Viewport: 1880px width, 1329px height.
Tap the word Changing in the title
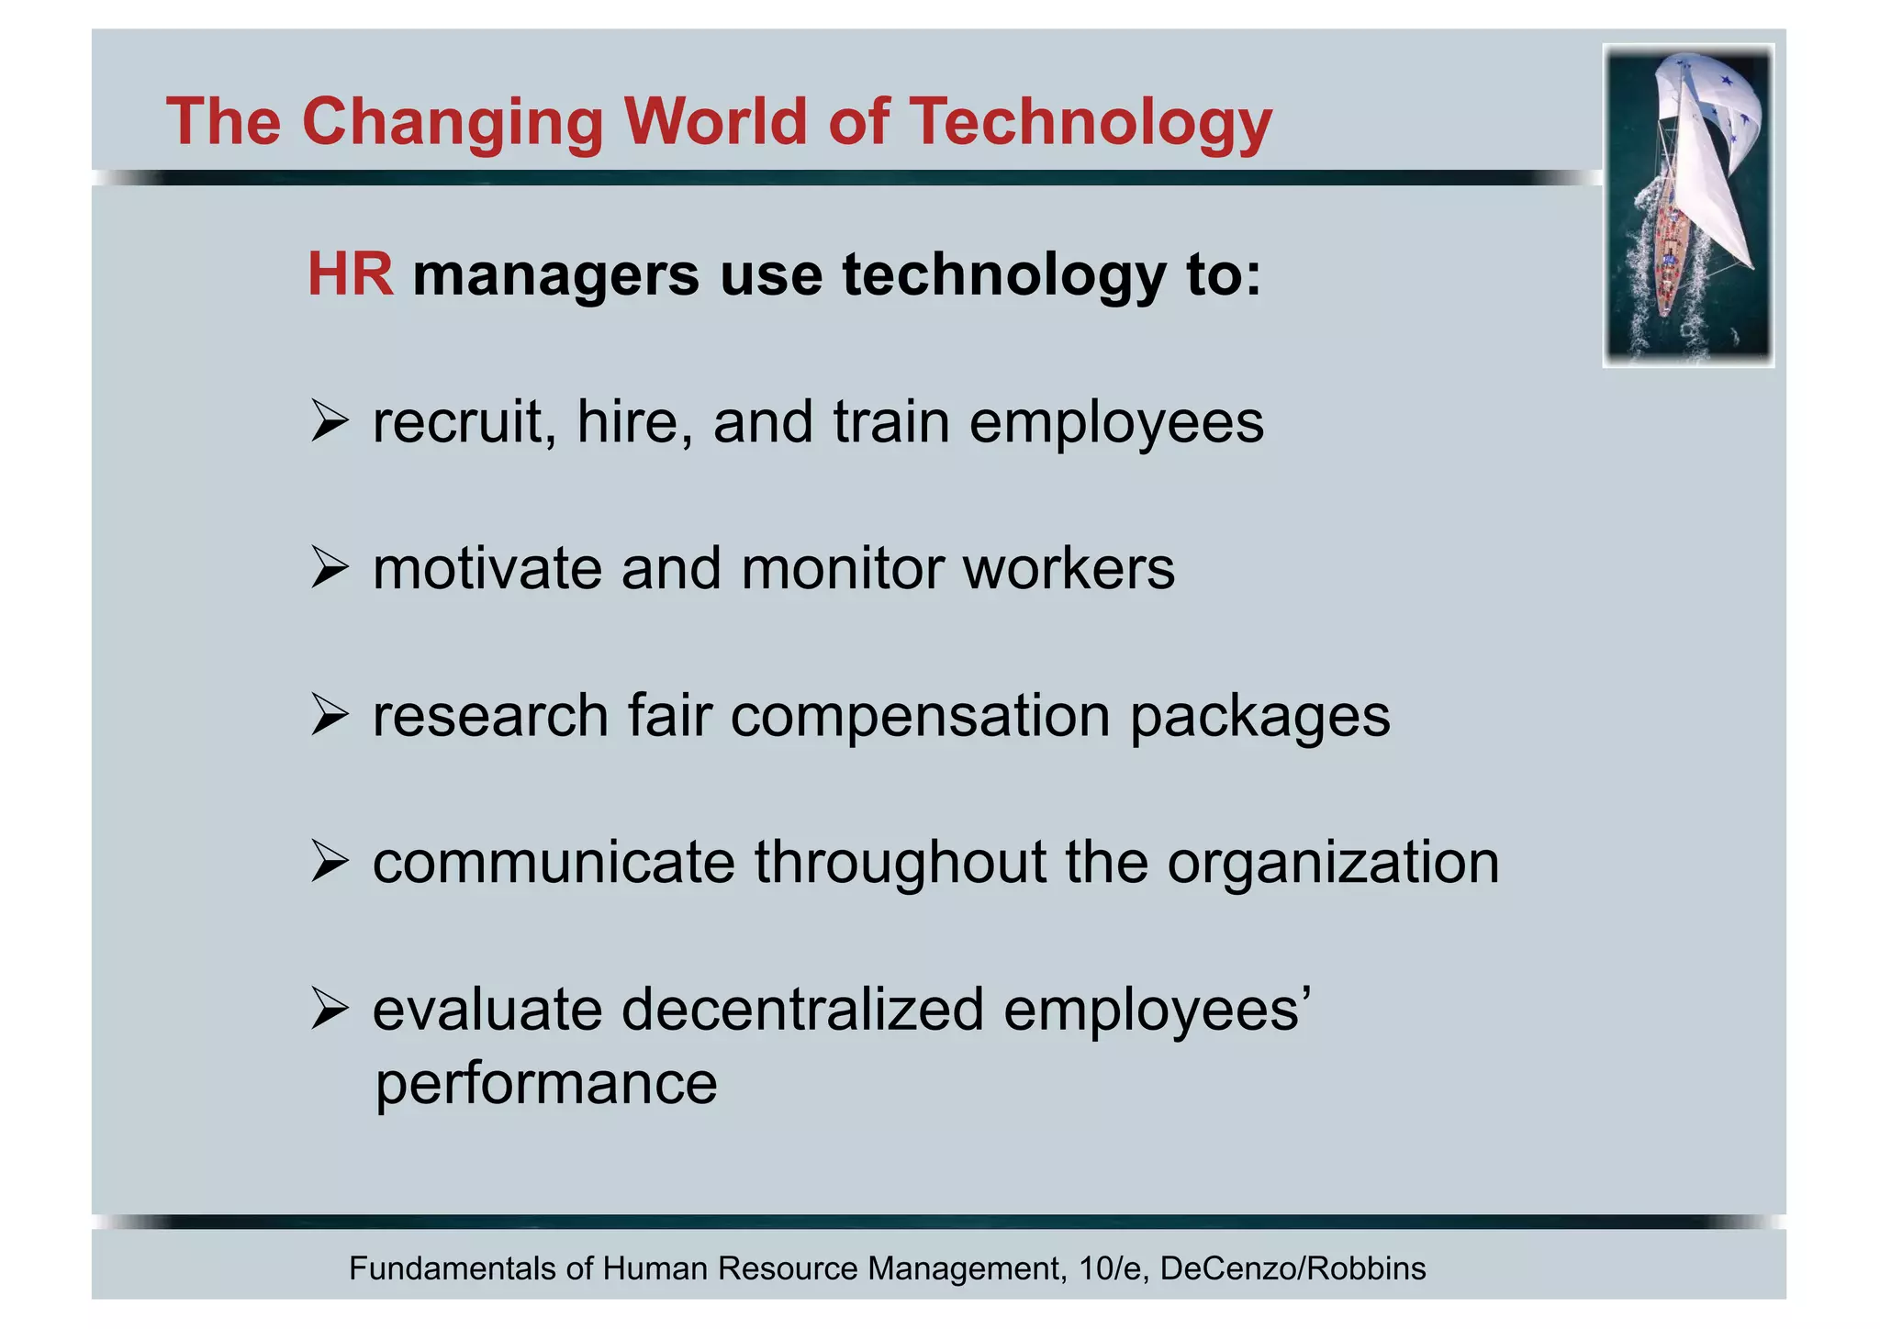click(x=452, y=124)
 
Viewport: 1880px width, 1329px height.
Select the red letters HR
click(x=350, y=274)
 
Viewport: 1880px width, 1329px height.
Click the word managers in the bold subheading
click(x=555, y=274)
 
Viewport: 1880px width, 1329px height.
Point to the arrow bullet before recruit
click(x=329, y=421)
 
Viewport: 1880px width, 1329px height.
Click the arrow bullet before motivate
click(x=329, y=568)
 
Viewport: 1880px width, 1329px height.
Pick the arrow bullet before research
click(x=329, y=715)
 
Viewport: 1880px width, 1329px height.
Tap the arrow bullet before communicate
click(x=329, y=862)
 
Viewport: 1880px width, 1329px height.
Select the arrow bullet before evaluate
click(x=329, y=1009)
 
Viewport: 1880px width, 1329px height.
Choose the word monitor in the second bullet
click(x=842, y=569)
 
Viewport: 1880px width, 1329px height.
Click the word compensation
click(x=920, y=717)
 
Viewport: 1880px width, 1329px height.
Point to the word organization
click(x=1333, y=864)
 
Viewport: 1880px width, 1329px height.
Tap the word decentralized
click(x=802, y=1010)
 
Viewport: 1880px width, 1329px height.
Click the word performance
click(x=546, y=1084)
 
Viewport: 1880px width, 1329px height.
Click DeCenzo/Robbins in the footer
click(x=1292, y=1268)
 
